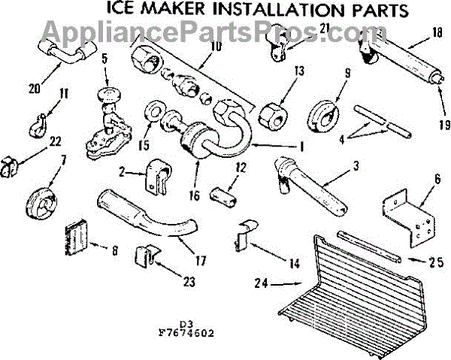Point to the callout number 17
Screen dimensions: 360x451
(x=201, y=262)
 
